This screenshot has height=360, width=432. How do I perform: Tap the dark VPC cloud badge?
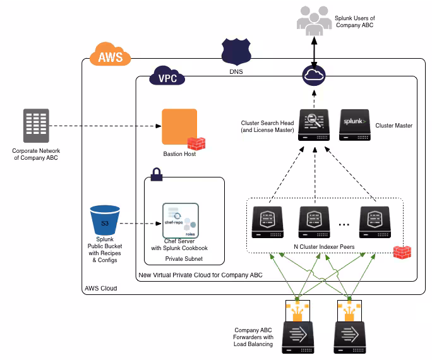(x=167, y=77)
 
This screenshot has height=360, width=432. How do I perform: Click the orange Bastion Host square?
(x=179, y=126)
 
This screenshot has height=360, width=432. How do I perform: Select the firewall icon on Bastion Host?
(x=196, y=143)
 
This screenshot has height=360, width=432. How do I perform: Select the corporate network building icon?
(x=36, y=124)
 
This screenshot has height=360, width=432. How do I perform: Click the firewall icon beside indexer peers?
(x=402, y=252)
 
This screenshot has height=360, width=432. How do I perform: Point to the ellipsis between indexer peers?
(x=345, y=224)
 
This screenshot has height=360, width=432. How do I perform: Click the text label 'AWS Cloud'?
(x=101, y=288)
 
